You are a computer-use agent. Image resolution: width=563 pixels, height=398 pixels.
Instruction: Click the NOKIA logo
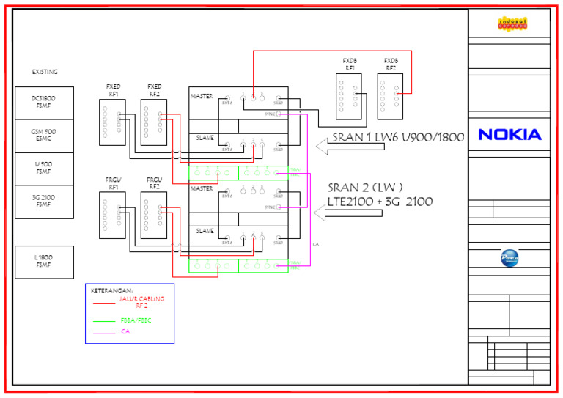pos(509,134)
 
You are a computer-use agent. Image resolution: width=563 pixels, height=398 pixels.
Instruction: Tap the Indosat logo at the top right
pos(509,24)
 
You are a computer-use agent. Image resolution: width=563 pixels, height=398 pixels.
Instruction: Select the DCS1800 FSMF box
pos(44,103)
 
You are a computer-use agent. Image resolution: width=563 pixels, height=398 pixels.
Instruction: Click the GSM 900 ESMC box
pos(44,136)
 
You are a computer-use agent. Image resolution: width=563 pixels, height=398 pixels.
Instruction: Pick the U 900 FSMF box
pos(44,169)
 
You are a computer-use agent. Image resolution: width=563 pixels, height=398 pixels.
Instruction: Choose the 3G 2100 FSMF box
pos(44,202)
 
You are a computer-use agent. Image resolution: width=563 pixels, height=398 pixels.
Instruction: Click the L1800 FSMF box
pos(44,262)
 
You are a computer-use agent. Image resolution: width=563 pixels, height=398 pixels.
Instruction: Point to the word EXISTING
pos(45,72)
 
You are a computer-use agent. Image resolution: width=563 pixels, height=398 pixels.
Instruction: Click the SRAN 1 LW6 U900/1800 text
pos(397,137)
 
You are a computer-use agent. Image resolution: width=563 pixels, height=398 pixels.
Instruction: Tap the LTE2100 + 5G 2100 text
pos(380,202)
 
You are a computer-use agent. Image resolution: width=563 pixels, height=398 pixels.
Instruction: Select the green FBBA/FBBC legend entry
pos(136,320)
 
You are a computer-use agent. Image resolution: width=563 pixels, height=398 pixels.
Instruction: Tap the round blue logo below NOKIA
pos(509,258)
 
